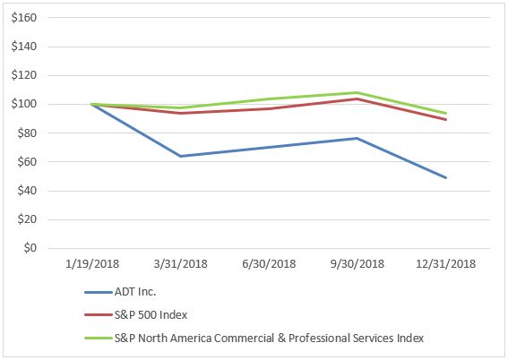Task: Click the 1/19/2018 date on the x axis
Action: (x=92, y=264)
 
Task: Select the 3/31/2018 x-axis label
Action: (x=180, y=264)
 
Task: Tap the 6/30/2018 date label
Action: (x=269, y=264)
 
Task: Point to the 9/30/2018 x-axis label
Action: (x=357, y=264)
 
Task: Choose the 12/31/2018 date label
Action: (x=445, y=264)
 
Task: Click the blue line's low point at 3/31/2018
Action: (x=180, y=156)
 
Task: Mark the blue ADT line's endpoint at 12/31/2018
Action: (x=446, y=177)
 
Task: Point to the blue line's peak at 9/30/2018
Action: (x=357, y=138)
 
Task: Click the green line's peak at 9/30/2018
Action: (x=357, y=92)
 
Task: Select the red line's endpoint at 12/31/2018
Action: (x=446, y=119)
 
